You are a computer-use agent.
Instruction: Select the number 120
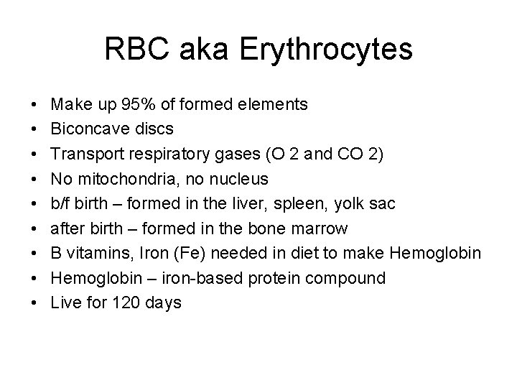124,303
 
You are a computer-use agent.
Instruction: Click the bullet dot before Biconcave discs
35,129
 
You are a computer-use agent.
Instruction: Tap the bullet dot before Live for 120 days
35,303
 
